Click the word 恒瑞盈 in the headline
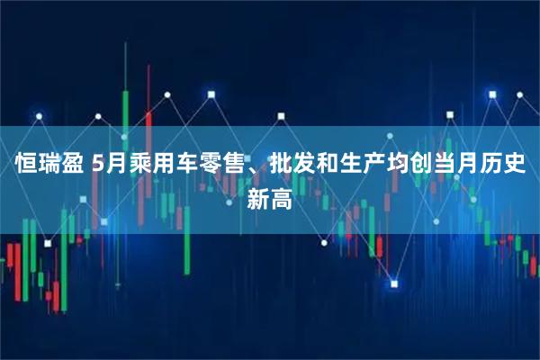coord(49,166)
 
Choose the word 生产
coord(358,166)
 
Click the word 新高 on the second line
coord(269,199)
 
